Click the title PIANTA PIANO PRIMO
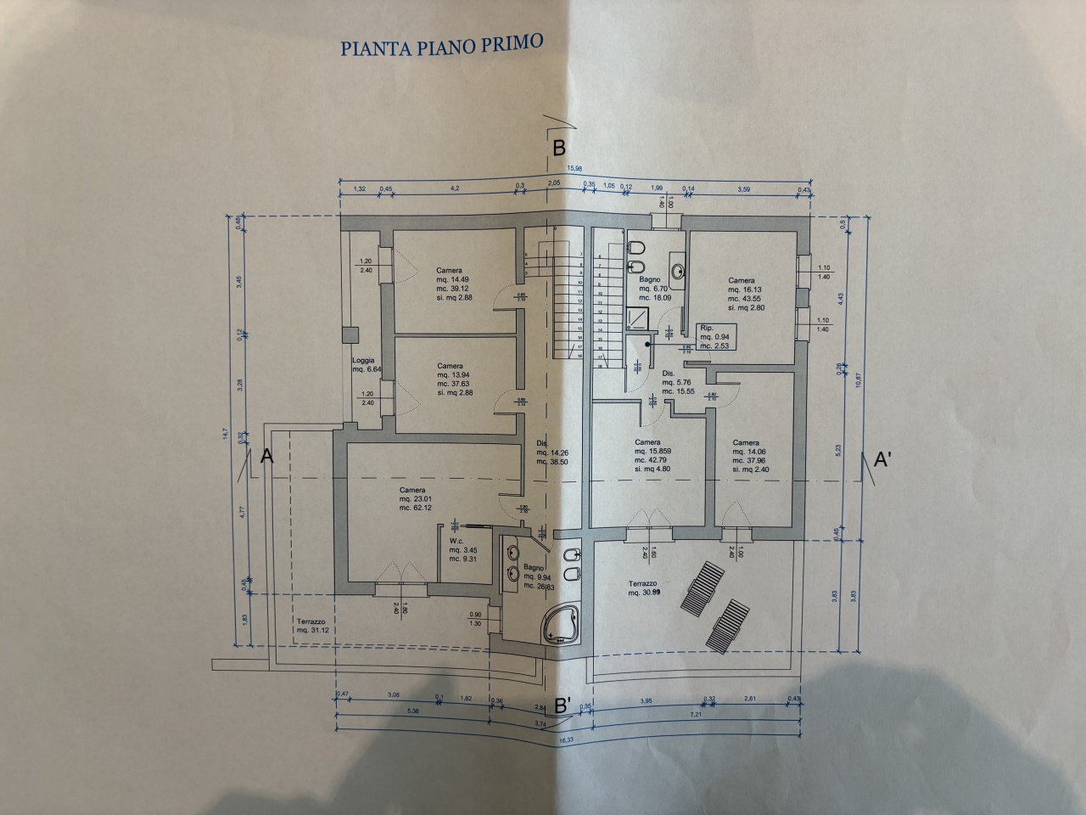click(441, 44)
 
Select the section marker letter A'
click(882, 461)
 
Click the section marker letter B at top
click(559, 148)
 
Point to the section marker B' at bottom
click(563, 705)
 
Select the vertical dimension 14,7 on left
click(226, 433)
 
